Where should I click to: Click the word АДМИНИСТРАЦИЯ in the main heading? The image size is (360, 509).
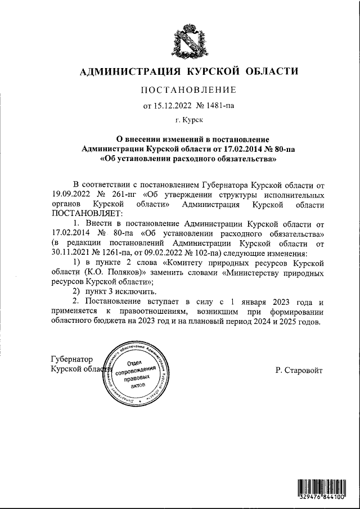125,71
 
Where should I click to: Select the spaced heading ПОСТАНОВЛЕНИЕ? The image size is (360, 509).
187,89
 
